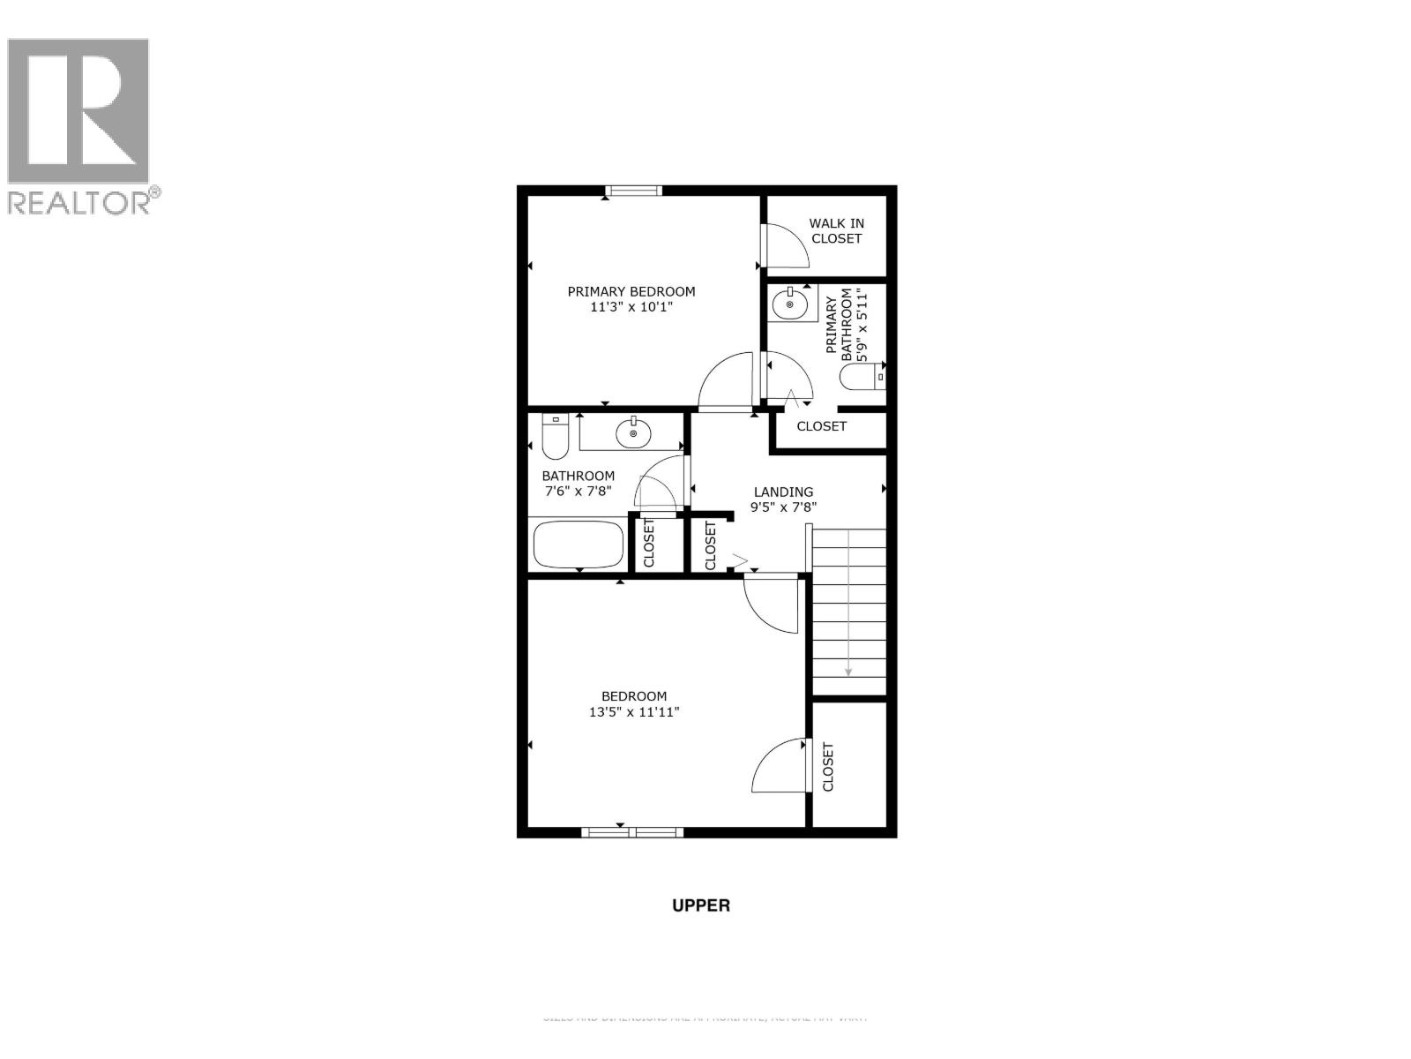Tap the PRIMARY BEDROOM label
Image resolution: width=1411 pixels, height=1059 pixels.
[631, 291]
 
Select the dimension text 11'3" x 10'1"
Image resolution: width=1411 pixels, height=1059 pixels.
[631, 308]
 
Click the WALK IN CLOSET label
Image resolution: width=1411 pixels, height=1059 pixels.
[836, 230]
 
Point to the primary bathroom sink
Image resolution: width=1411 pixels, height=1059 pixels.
[789, 304]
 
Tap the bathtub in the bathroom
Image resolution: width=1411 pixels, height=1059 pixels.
[579, 545]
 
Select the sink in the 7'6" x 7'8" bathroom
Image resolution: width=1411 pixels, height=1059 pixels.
[632, 432]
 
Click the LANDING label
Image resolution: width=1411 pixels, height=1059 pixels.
[783, 492]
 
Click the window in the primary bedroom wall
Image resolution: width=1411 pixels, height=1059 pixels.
[634, 190]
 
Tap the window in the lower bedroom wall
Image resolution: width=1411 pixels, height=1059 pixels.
[632, 830]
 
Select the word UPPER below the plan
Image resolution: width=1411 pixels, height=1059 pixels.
[701, 905]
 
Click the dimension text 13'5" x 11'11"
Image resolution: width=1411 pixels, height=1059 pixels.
[633, 712]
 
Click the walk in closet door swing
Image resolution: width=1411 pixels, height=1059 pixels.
[785, 246]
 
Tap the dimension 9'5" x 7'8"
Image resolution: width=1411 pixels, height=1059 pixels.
[783, 507]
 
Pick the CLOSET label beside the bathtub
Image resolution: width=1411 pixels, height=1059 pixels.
[649, 543]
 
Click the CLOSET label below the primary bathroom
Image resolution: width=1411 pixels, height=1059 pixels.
[821, 426]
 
